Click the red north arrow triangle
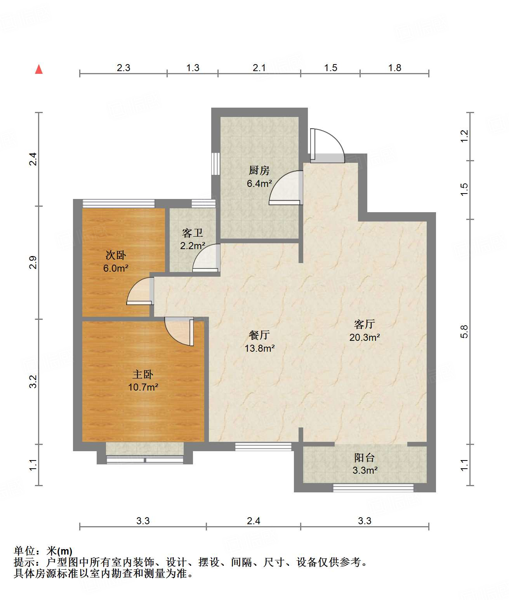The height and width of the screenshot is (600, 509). pyautogui.click(x=39, y=70)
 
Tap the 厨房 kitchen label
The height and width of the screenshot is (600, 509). pyautogui.click(x=259, y=170)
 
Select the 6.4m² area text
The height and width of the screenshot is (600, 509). pyautogui.click(x=259, y=183)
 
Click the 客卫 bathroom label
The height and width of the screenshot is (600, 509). pyautogui.click(x=192, y=233)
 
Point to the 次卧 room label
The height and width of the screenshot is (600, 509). pyautogui.click(x=116, y=255)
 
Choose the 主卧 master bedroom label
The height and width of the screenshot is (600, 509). pyautogui.click(x=143, y=375)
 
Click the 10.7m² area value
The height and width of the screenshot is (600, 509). pyautogui.click(x=143, y=387)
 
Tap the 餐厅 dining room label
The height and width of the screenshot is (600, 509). pyautogui.click(x=259, y=335)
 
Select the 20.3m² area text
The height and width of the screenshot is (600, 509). pyautogui.click(x=365, y=337)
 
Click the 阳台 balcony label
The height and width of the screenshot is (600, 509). pyautogui.click(x=365, y=458)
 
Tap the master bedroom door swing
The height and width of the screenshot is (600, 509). pyautogui.click(x=179, y=331)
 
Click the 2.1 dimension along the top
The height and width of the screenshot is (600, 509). pyautogui.click(x=259, y=68)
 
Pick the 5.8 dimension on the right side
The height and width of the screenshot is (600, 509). pyautogui.click(x=464, y=331)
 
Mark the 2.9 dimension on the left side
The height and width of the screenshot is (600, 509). pyautogui.click(x=33, y=262)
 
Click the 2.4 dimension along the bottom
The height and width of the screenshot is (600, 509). pyautogui.click(x=254, y=521)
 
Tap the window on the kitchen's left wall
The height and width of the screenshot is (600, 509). pyautogui.click(x=215, y=164)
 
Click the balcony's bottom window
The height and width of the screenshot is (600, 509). pyautogui.click(x=373, y=488)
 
